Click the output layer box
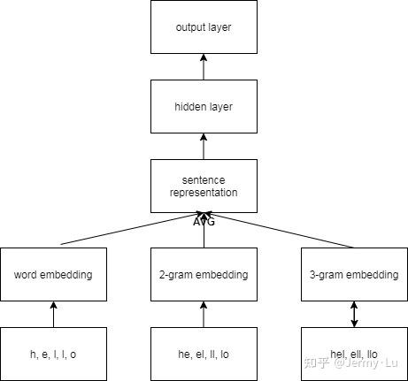204,27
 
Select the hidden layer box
204,107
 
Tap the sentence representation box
204,186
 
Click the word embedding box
54,274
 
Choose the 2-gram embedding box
204,274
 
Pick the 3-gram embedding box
355,274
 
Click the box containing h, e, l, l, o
54,354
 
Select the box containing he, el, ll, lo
204,354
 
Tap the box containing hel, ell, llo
355,354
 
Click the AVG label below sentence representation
204,222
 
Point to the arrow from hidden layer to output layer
204,67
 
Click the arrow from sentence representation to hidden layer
204,147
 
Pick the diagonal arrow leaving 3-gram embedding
283,231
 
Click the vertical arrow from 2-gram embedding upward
204,233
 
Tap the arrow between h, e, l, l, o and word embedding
54,314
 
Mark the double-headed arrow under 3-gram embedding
355,314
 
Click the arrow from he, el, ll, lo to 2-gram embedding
204,314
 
